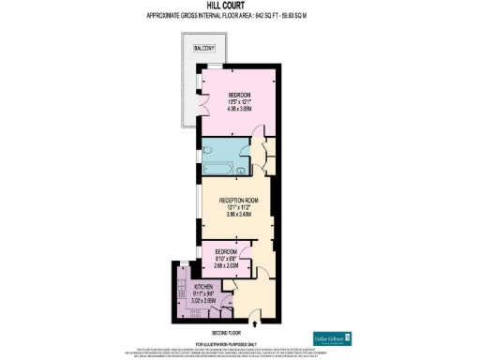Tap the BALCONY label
203,48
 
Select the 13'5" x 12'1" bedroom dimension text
239,101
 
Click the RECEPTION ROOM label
239,200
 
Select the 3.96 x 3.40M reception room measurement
239,215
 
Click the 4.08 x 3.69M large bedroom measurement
239,109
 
